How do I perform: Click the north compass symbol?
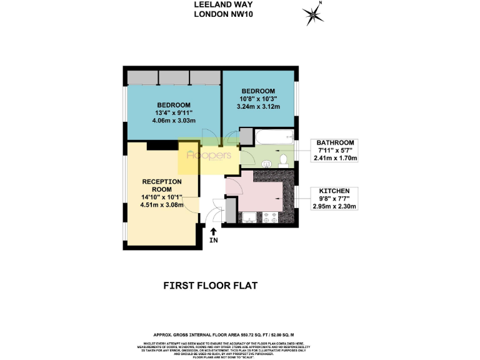tap(312, 14)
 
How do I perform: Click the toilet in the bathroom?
tap(283, 159)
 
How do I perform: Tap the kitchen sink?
tap(248, 218)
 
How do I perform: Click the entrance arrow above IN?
tap(214, 232)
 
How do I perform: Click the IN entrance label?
tap(214, 241)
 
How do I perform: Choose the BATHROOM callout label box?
tap(335, 150)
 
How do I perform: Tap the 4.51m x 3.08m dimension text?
tap(161, 205)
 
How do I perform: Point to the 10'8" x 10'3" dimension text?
tap(257, 98)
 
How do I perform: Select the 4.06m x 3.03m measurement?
tap(174, 121)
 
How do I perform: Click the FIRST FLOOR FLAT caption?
tap(210, 286)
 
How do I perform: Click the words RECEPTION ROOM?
tap(162, 186)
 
